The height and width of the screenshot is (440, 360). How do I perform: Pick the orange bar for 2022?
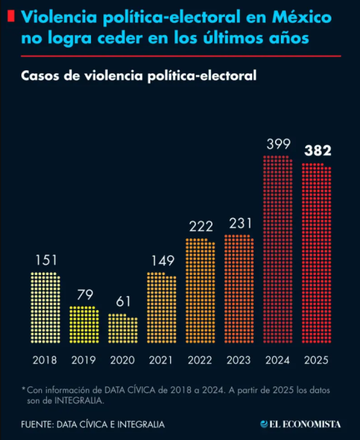[200, 291]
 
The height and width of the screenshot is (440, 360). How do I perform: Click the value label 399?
[278, 144]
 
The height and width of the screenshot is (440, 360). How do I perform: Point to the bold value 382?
[317, 150]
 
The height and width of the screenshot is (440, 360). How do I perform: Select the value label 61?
[122, 301]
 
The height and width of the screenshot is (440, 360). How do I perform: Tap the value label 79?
[84, 294]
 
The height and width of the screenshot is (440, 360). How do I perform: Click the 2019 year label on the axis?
[84, 360]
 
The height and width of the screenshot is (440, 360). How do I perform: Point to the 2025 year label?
[317, 360]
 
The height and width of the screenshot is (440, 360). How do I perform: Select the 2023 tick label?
[239, 360]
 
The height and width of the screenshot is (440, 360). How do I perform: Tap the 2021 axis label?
[161, 360]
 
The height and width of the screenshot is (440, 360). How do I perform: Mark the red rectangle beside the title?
[10, 16]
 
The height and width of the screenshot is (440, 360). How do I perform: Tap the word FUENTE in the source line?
[40, 424]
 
